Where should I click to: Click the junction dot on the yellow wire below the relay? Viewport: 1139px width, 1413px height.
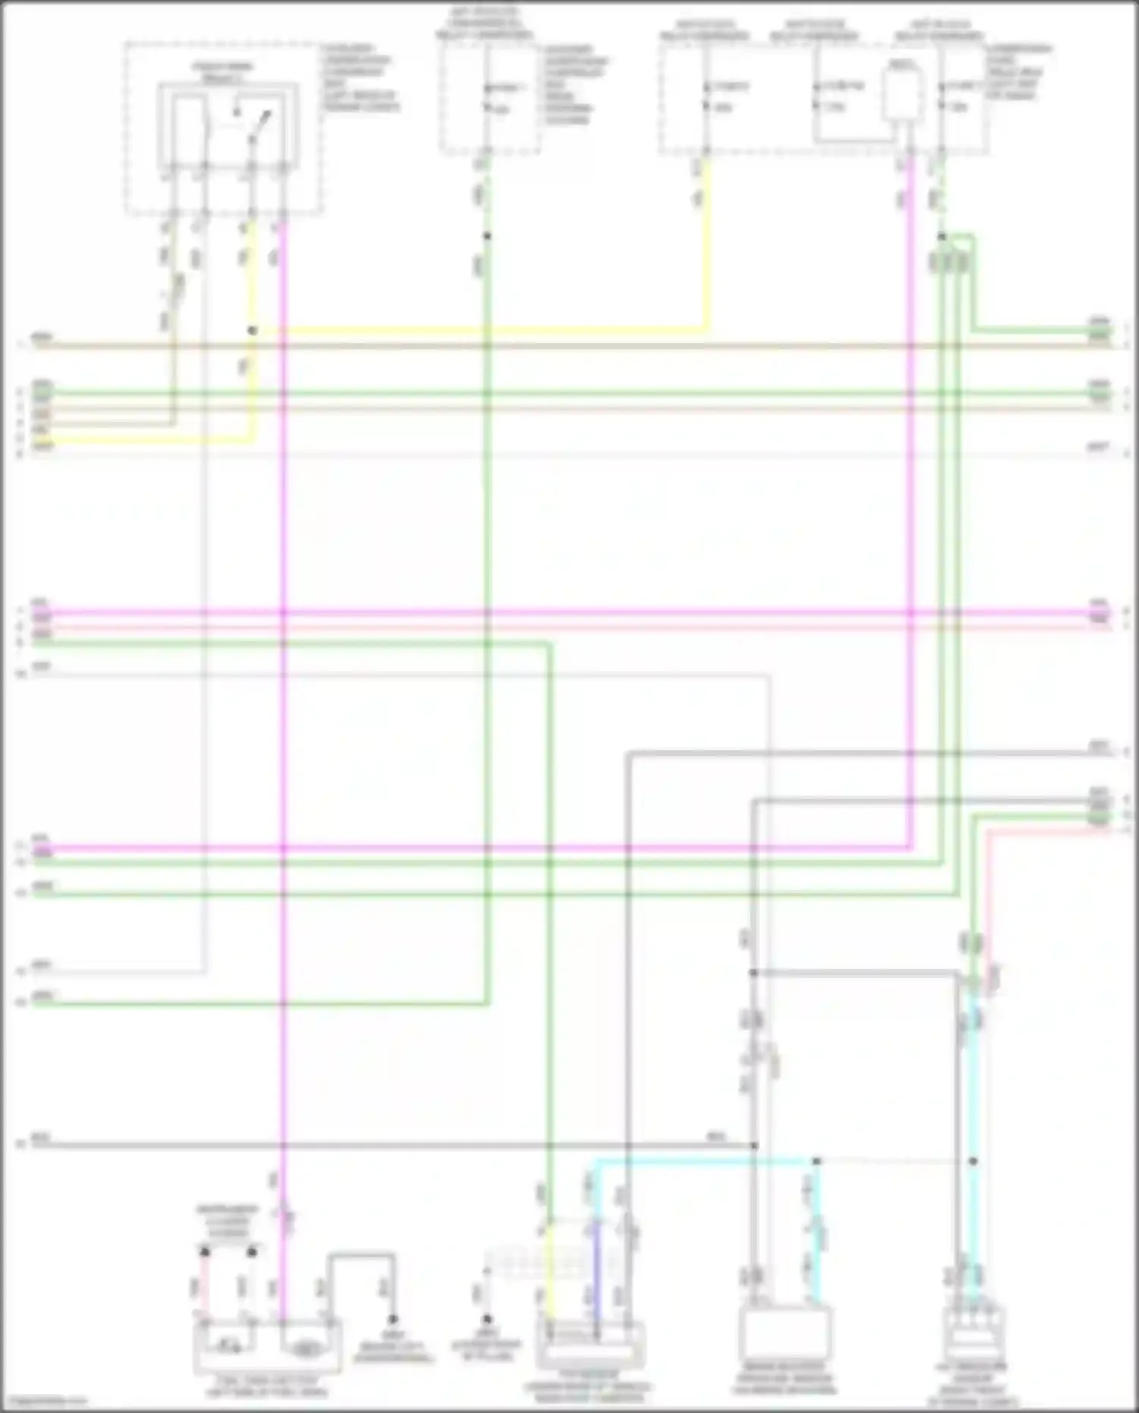[253, 331]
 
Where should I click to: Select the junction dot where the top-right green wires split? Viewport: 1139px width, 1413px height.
[942, 237]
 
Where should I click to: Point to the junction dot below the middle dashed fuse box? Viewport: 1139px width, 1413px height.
[487, 236]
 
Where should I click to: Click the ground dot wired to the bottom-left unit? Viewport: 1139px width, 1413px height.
[393, 1320]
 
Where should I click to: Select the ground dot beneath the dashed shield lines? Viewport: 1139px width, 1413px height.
[487, 1320]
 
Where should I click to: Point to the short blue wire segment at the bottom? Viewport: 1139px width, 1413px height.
[597, 1276]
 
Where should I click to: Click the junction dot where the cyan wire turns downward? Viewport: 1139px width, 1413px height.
[816, 1162]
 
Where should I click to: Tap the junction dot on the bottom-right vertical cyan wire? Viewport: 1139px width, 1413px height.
[973, 1162]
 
